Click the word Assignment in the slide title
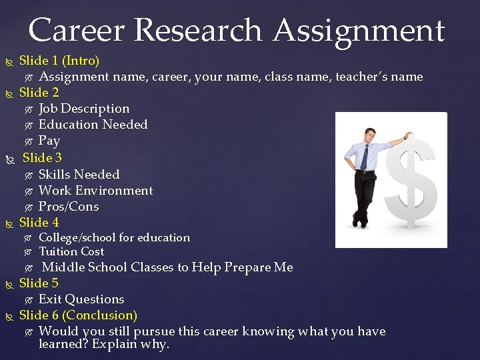coord(359,31)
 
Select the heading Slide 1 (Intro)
coord(59,61)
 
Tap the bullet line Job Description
coord(84,108)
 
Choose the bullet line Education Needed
coord(93,125)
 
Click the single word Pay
coord(49,141)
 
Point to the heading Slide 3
coord(42,158)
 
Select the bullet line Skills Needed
coord(79,174)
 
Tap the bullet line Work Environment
coord(95,191)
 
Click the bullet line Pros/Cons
coord(68,207)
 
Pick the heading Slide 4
coord(39,223)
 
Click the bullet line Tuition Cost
coord(71,251)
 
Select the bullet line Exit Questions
coord(81,299)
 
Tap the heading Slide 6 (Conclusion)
coord(78,315)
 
